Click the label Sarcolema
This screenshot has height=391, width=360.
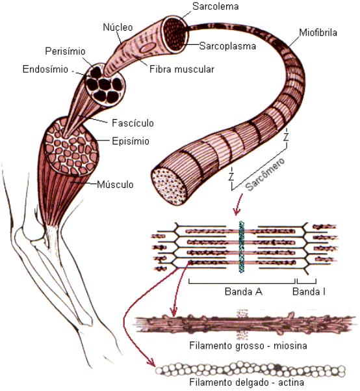215,7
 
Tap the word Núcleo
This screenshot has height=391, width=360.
118,27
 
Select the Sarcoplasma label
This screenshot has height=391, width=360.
227,46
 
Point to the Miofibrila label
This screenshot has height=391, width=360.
318,33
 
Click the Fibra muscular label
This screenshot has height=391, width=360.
181,69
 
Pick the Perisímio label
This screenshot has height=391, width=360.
65,51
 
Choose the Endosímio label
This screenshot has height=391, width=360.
45,69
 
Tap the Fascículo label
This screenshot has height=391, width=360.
133,123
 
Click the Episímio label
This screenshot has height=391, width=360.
131,141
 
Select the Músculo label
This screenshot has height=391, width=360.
115,185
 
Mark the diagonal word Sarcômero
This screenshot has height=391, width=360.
265,174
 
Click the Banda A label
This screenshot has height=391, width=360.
244,291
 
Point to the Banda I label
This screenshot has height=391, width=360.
309,291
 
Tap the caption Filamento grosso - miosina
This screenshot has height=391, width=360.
248,345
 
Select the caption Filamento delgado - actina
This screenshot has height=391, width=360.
247,383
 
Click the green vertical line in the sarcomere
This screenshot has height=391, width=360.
241,247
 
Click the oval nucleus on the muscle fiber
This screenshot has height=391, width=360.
148,47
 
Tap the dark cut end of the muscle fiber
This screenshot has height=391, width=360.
175,34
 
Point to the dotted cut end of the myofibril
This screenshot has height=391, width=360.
170,185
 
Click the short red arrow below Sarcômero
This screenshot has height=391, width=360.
238,204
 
